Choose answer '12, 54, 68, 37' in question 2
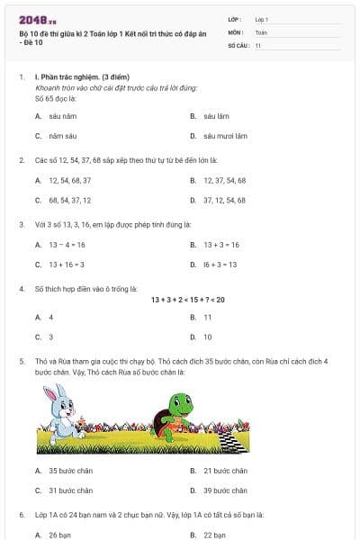tap(67, 180)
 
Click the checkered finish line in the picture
tap(229, 442)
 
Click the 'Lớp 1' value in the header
tap(262, 19)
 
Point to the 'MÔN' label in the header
tap(237, 31)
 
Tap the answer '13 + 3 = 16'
tap(221, 244)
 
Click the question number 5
tap(22, 360)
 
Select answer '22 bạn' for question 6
tap(215, 535)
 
